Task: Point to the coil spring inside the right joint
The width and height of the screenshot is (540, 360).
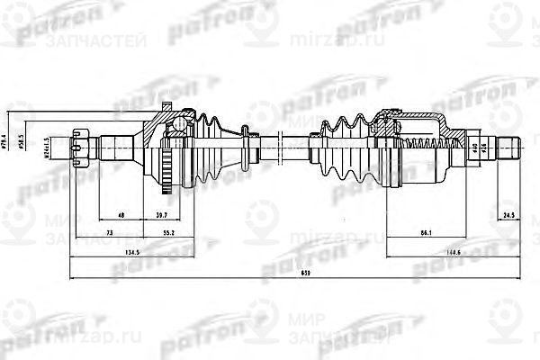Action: (423, 145)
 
